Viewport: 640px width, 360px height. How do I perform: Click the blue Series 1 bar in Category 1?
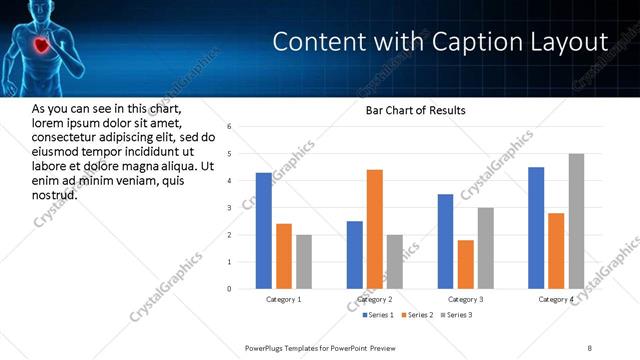click(x=263, y=231)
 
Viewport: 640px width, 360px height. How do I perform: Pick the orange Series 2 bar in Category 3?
click(x=466, y=264)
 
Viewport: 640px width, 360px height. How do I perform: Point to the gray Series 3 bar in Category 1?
click(x=304, y=262)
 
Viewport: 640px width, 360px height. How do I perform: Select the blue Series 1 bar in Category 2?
click(x=354, y=255)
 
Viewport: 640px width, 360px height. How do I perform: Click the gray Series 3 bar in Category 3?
click(x=486, y=248)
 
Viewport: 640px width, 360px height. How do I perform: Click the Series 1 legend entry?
click(x=378, y=315)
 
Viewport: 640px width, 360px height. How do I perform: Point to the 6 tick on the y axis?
click(x=230, y=127)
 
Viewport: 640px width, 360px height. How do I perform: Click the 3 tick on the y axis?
click(x=230, y=208)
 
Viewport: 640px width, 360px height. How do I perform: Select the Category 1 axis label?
click(x=284, y=299)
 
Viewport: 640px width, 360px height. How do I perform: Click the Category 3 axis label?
click(x=465, y=299)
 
